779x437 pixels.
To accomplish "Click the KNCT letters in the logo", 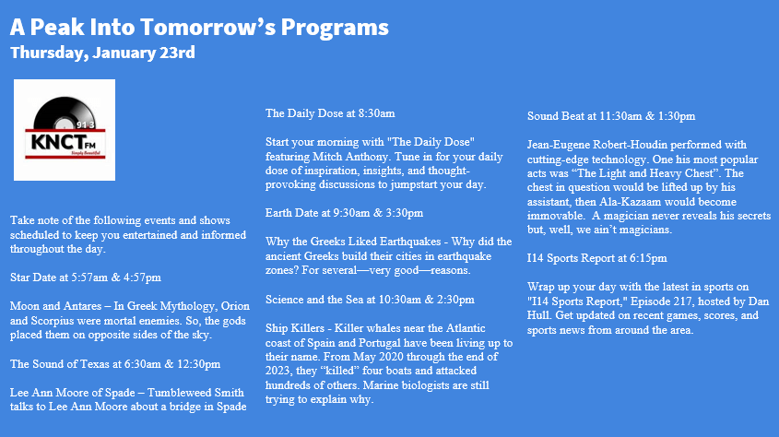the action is [57, 142].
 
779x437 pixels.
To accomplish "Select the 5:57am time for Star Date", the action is [89, 278].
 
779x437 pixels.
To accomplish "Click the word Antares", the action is [83, 306].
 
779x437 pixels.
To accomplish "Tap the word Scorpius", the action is [53, 321].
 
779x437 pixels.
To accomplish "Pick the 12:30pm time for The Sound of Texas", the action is [199, 364].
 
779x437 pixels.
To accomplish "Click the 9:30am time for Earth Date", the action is [351, 214].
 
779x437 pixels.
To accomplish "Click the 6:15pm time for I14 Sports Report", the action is [648, 259].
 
